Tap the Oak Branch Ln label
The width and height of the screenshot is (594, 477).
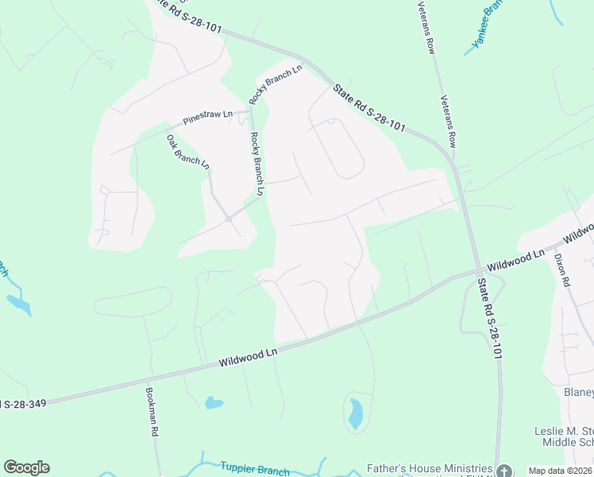point(188,152)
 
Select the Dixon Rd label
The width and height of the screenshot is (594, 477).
point(562,270)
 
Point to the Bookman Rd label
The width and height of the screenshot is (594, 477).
point(150,411)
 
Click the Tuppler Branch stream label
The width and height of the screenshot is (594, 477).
point(255,469)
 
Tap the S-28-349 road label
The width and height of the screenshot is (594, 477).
point(23,404)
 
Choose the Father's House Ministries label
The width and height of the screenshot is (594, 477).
point(428,469)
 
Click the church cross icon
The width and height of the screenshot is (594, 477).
point(503,471)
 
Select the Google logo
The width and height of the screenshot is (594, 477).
point(26,467)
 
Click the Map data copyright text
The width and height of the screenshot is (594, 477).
point(560,471)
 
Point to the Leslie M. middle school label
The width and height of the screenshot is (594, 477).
point(563,436)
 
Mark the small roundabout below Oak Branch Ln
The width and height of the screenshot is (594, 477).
point(228,218)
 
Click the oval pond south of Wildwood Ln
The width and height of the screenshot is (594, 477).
point(356,413)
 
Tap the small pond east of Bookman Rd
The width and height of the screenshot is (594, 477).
point(214,402)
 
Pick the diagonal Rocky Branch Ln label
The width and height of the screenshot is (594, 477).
point(276,84)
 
